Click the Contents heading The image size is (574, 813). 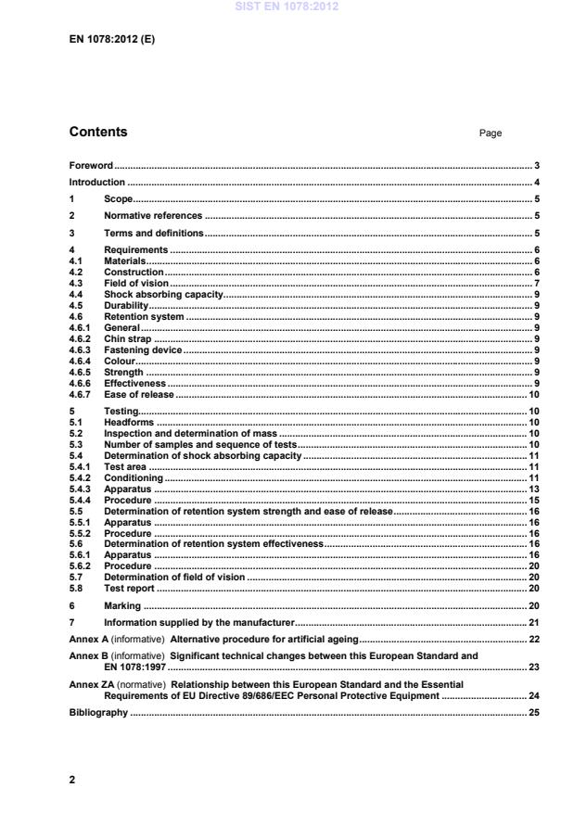[99, 133]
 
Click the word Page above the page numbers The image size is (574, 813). [491, 133]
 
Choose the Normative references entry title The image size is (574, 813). [152, 215]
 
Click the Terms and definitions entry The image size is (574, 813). [153, 233]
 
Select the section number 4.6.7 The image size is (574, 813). [81, 395]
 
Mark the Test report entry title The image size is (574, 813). [130, 589]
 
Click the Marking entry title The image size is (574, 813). [122, 605]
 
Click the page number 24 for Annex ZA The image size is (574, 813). [534, 694]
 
